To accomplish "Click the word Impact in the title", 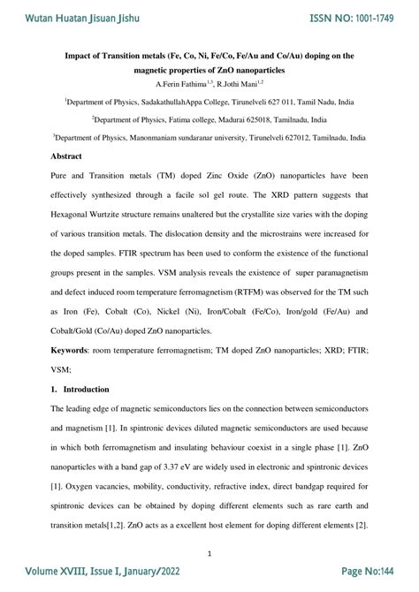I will [82, 56].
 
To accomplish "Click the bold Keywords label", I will [74, 352].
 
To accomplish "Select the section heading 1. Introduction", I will [80, 389].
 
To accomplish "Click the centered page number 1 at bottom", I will [209, 553].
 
